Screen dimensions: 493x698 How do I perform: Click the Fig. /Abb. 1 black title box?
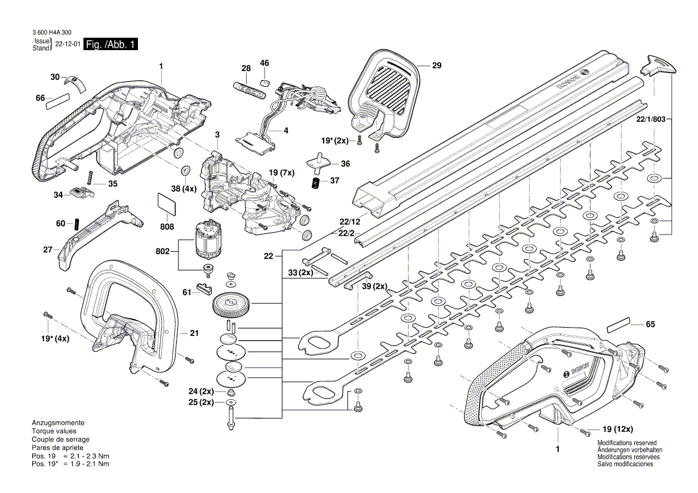(x=112, y=45)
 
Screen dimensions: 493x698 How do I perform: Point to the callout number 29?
(x=436, y=66)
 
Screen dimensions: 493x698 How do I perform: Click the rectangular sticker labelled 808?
(x=167, y=203)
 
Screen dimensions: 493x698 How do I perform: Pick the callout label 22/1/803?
(x=650, y=119)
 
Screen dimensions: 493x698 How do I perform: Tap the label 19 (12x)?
(x=617, y=429)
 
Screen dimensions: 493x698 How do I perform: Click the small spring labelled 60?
(x=76, y=224)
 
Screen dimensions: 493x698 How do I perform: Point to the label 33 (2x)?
(x=300, y=273)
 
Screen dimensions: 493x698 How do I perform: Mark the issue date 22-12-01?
(x=67, y=45)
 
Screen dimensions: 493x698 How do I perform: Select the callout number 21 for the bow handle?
(x=193, y=333)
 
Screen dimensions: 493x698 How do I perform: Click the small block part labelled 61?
(x=204, y=289)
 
